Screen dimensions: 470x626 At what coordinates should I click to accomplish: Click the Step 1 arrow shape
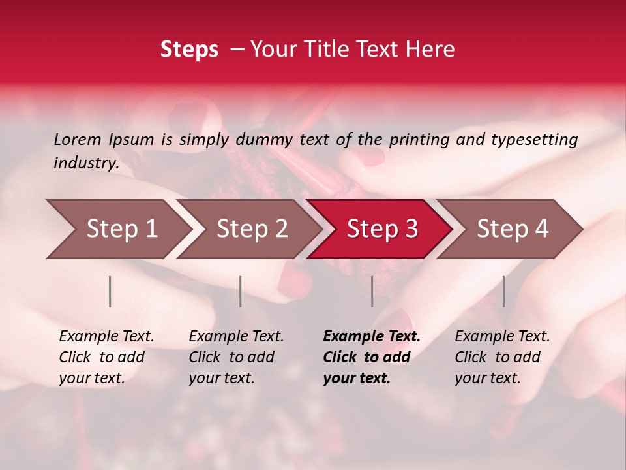pyautogui.click(x=117, y=229)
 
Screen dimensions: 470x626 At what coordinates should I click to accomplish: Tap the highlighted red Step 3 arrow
pyautogui.click(x=381, y=229)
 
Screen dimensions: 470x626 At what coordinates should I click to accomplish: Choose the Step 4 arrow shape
pyautogui.click(x=512, y=229)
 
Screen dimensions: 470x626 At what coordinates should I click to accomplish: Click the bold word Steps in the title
pyautogui.click(x=189, y=50)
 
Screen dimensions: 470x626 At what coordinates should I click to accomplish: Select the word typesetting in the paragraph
pyautogui.click(x=534, y=139)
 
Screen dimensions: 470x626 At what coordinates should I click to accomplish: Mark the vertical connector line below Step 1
pyautogui.click(x=110, y=291)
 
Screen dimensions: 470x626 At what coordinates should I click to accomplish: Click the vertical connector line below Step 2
pyautogui.click(x=241, y=291)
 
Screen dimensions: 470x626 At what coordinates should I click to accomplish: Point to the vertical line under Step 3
pyautogui.click(x=372, y=291)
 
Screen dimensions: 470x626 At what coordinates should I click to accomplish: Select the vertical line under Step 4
pyautogui.click(x=504, y=291)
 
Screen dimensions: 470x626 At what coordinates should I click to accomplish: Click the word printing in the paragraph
pyautogui.click(x=419, y=139)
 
